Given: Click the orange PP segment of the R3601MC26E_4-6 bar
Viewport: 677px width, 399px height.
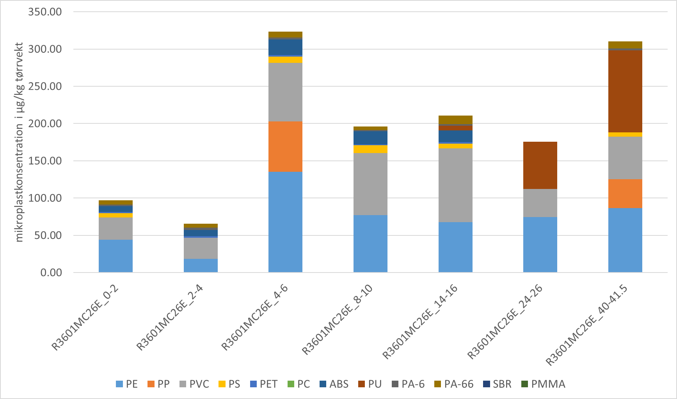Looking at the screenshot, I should pos(285,146).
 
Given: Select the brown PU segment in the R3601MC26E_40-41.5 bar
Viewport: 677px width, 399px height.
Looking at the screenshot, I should pos(625,91).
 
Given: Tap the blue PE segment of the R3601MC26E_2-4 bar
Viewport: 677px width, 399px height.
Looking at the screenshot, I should pos(201,265).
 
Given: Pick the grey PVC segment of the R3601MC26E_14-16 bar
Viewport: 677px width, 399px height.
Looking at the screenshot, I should pos(455,185).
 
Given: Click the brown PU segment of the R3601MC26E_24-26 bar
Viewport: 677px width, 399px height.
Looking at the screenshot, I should pos(540,165).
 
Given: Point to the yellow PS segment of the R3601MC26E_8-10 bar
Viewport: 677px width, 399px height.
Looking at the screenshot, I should pos(370,149).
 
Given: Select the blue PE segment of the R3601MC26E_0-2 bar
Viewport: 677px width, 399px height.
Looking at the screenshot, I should pos(115,256).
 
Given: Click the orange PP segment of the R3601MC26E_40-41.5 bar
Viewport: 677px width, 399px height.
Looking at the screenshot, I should pos(625,194).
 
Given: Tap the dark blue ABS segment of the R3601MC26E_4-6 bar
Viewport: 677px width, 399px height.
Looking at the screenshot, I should pos(285,47).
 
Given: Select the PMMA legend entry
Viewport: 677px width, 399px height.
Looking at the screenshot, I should pos(543,384).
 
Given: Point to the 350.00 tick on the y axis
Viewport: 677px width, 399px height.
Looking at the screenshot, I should pos(45,12).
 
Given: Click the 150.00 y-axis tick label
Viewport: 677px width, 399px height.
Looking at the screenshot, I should pos(45,161).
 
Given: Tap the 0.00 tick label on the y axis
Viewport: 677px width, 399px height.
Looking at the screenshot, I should pos(51,273).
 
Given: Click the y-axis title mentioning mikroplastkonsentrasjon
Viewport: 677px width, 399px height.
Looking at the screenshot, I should pos(20,142).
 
